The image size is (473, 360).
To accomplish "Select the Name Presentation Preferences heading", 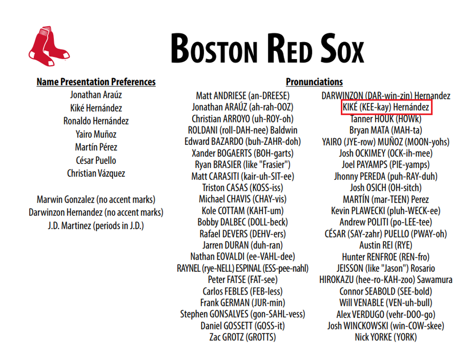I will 96,82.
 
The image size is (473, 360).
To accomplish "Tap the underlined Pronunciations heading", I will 314,82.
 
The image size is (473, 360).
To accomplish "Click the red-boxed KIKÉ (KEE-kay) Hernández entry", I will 386,107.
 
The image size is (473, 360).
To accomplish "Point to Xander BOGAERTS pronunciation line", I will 243,153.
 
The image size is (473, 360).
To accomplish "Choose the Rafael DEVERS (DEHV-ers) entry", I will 243,234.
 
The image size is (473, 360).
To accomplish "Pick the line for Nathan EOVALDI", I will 243,257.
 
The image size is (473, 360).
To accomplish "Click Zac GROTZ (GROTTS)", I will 243,337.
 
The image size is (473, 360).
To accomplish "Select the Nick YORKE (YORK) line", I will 386,337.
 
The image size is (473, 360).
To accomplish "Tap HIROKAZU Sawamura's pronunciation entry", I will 386,280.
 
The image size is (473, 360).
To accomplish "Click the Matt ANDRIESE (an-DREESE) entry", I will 243,95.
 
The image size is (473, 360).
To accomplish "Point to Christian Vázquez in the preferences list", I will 96,173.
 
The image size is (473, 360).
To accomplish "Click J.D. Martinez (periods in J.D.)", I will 96,225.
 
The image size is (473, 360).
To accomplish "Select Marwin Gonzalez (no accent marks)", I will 96,199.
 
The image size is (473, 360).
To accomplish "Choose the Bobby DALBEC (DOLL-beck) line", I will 243,222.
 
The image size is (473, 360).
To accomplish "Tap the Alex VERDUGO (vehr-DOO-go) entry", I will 386,314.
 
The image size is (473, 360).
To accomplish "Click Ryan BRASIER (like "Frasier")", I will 243,165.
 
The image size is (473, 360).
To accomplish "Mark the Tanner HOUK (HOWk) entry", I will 386,119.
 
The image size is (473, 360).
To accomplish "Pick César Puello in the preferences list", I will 96,160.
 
